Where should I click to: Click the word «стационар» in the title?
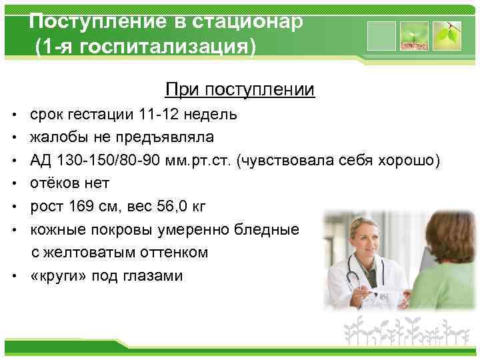248,21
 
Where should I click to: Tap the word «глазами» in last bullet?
155,275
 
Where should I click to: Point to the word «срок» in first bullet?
47,114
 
